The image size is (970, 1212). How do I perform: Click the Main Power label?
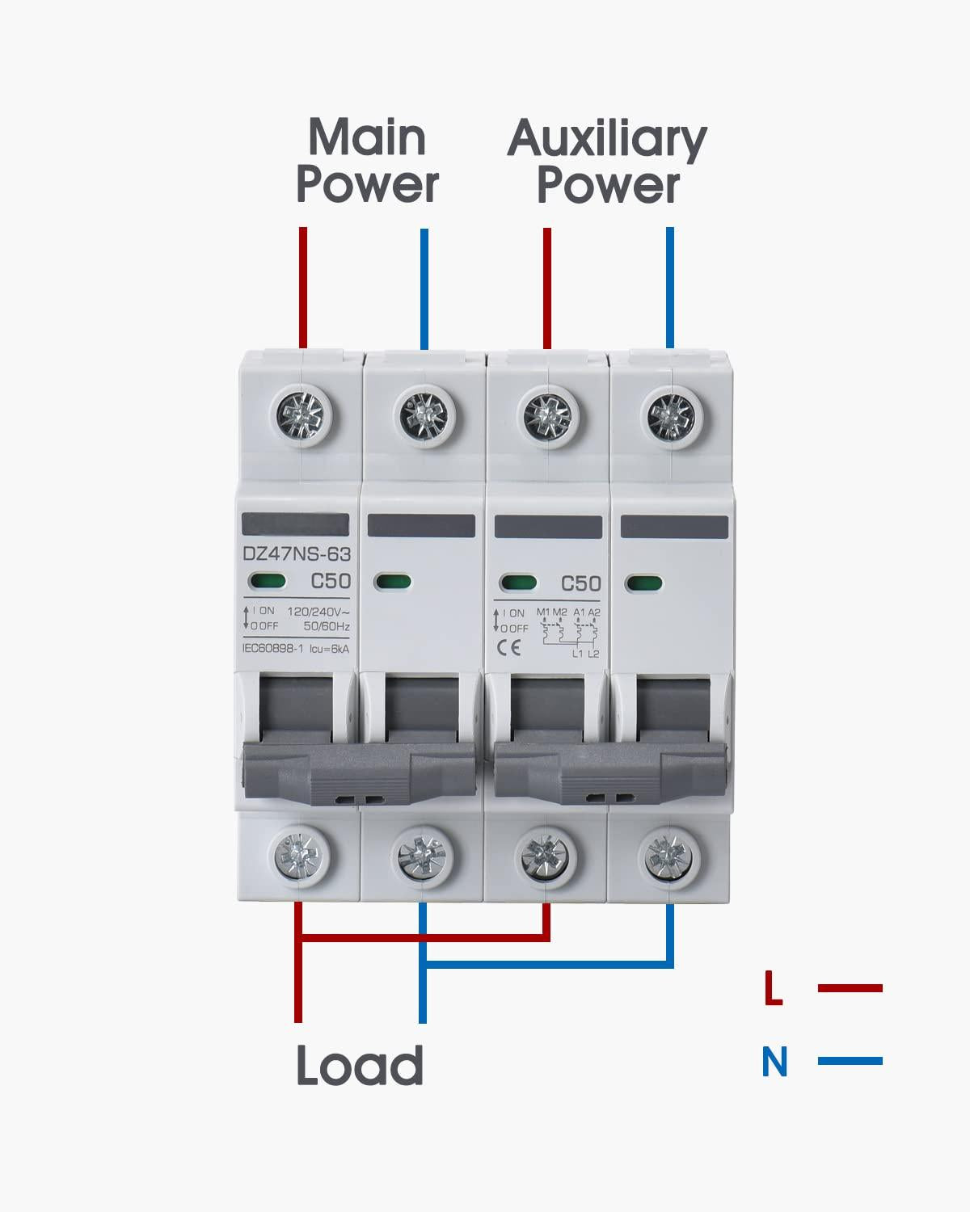click(x=367, y=161)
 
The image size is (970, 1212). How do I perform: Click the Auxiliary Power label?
click(x=607, y=161)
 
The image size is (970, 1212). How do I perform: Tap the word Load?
click(x=360, y=1065)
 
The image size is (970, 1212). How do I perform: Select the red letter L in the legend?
click(x=774, y=989)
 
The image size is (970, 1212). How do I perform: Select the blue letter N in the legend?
click(x=774, y=1062)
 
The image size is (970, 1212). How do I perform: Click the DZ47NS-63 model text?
click(x=296, y=554)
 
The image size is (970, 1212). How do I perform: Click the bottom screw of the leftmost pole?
click(x=301, y=853)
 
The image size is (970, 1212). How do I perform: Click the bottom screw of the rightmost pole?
click(x=669, y=853)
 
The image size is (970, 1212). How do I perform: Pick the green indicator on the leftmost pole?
click(x=267, y=581)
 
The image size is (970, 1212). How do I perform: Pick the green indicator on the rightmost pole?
click(x=644, y=583)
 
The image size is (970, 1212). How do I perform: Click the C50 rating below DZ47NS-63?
click(x=330, y=582)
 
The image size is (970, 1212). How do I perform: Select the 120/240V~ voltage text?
click(x=317, y=612)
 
